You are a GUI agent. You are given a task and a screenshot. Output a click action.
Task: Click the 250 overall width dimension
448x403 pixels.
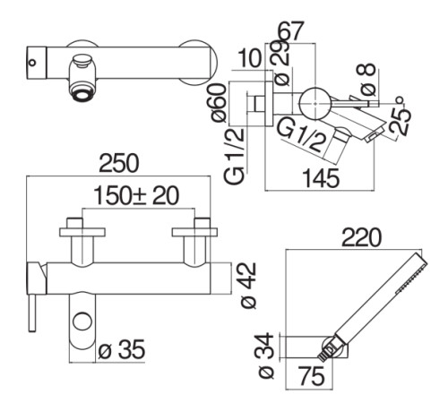point(119,163)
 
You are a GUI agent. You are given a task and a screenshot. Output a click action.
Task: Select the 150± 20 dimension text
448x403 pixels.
point(136,195)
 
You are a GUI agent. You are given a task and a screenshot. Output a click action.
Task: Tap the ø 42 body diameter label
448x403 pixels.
point(248,285)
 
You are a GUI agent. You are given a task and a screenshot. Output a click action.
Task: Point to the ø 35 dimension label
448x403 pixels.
point(122,349)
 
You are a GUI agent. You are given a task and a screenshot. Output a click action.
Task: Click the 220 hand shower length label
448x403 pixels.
point(362,237)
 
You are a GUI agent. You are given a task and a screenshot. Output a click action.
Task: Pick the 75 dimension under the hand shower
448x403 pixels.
point(312,376)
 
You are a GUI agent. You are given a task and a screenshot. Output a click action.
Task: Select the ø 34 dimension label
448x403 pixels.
point(265,356)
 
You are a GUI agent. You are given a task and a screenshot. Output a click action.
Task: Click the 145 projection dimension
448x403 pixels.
point(321,178)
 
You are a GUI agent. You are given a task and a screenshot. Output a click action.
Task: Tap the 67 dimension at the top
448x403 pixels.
point(290,30)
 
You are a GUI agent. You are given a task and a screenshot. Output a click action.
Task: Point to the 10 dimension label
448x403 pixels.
point(250,58)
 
